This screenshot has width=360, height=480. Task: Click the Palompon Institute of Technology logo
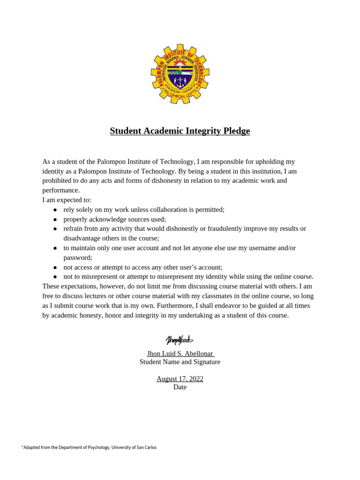click(180, 74)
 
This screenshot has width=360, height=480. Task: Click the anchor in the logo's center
click(180, 82)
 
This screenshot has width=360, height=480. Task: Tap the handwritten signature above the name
click(179, 340)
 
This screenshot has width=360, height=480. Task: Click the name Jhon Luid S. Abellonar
click(180, 353)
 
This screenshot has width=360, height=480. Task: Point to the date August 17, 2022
click(180, 379)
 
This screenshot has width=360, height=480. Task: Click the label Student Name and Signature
click(180, 362)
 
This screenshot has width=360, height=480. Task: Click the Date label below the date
click(180, 387)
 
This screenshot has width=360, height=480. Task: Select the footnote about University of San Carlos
click(89, 448)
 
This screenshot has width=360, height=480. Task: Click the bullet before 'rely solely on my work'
click(55, 210)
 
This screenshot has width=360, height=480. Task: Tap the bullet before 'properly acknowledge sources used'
click(55, 219)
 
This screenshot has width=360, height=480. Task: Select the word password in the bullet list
click(77, 257)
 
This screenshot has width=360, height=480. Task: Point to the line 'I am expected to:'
click(67, 200)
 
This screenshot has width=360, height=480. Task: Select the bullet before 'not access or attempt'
click(55, 267)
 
